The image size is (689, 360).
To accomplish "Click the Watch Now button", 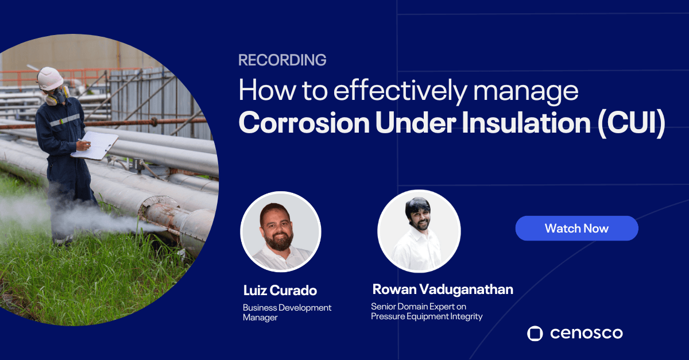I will tap(576, 228).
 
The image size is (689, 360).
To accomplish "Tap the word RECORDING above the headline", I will tap(282, 60).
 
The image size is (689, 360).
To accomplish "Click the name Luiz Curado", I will tap(280, 290).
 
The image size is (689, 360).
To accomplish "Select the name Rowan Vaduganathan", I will tap(442, 288).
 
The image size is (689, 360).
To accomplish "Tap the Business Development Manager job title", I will tap(287, 312).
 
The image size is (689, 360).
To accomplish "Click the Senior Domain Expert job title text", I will tap(427, 311).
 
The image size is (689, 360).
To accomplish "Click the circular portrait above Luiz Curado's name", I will tap(280, 231).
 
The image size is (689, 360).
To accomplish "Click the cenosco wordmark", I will tap(585, 333).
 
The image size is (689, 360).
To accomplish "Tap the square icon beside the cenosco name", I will tap(535, 333).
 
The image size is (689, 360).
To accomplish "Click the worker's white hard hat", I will tap(51, 78).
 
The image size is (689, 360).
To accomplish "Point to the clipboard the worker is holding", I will tap(95, 145).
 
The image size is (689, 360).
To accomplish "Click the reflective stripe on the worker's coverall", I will tap(64, 121).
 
